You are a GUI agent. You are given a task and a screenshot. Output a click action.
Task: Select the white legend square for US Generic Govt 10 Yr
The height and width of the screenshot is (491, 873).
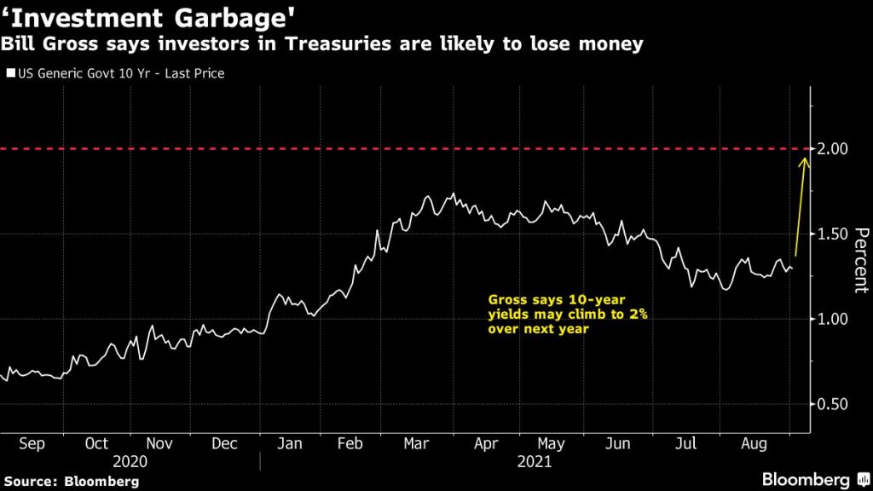[x=10, y=74]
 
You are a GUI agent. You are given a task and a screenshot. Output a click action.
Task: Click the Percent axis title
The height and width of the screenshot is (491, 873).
[x=861, y=260]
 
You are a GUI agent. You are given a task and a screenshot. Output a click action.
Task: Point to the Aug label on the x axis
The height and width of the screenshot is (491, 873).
[x=750, y=444]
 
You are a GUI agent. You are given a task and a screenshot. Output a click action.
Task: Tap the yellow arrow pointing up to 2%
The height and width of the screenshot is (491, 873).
[x=800, y=205]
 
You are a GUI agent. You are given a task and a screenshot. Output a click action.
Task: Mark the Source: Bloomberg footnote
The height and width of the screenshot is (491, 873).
[x=70, y=481]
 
